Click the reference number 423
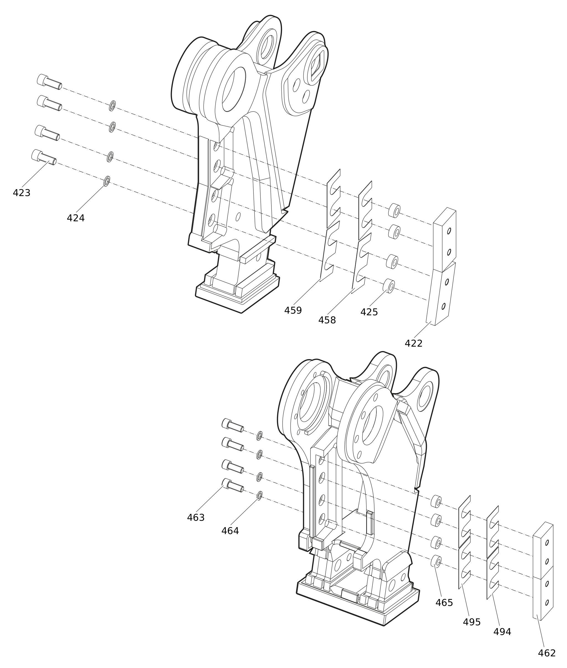(x=22, y=193)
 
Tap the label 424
(x=76, y=219)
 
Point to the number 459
(x=293, y=311)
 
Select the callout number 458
(x=327, y=321)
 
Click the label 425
(x=369, y=313)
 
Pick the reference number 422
(x=413, y=344)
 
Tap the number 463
(x=196, y=518)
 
